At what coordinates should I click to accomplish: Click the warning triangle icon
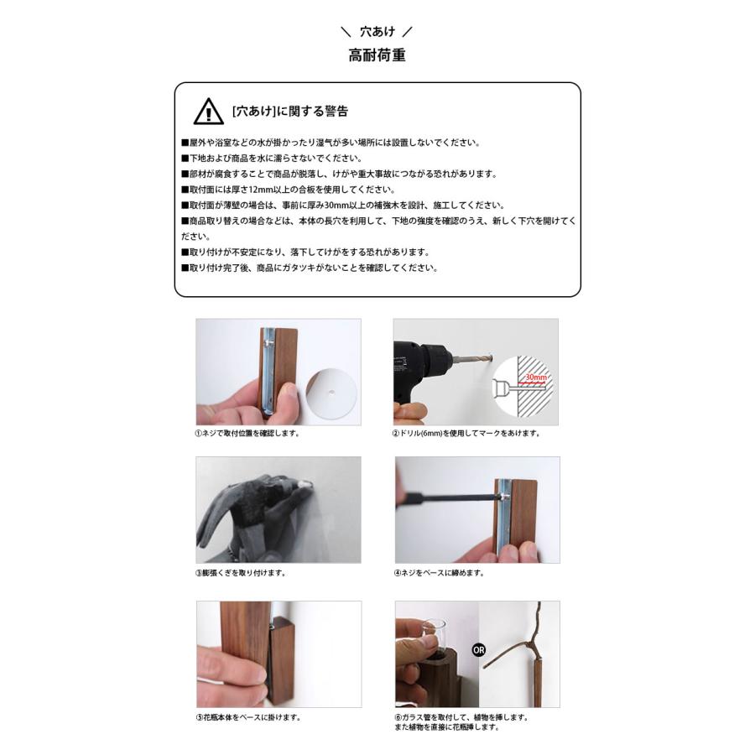(x=208, y=112)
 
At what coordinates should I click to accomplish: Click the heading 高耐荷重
(x=377, y=55)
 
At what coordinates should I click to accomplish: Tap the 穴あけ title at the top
(x=377, y=32)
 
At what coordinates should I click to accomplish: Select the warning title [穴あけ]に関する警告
(x=290, y=112)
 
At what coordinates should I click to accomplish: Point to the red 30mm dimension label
(x=535, y=377)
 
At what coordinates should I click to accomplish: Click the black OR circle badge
(x=479, y=650)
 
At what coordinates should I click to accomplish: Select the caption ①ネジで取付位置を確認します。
(x=248, y=433)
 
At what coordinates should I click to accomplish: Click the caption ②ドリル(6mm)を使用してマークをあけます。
(x=466, y=433)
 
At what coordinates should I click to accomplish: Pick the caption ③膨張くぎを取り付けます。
(x=241, y=573)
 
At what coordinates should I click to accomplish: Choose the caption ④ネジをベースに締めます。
(x=439, y=573)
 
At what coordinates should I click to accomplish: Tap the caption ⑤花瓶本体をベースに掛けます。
(x=249, y=717)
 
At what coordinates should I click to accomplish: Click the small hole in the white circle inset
(x=331, y=393)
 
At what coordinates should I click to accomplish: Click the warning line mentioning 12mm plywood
(x=289, y=190)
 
